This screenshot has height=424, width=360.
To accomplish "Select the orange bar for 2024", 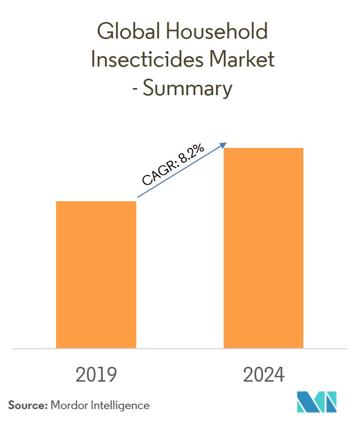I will (263, 247).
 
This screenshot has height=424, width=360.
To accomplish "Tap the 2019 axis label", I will (96, 375).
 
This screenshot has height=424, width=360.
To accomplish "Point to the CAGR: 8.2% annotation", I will (172, 167).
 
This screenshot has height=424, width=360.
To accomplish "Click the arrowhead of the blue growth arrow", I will (224, 145).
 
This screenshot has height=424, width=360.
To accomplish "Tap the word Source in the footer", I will (26, 405).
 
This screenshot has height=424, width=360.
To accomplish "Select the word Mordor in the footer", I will (70, 405).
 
